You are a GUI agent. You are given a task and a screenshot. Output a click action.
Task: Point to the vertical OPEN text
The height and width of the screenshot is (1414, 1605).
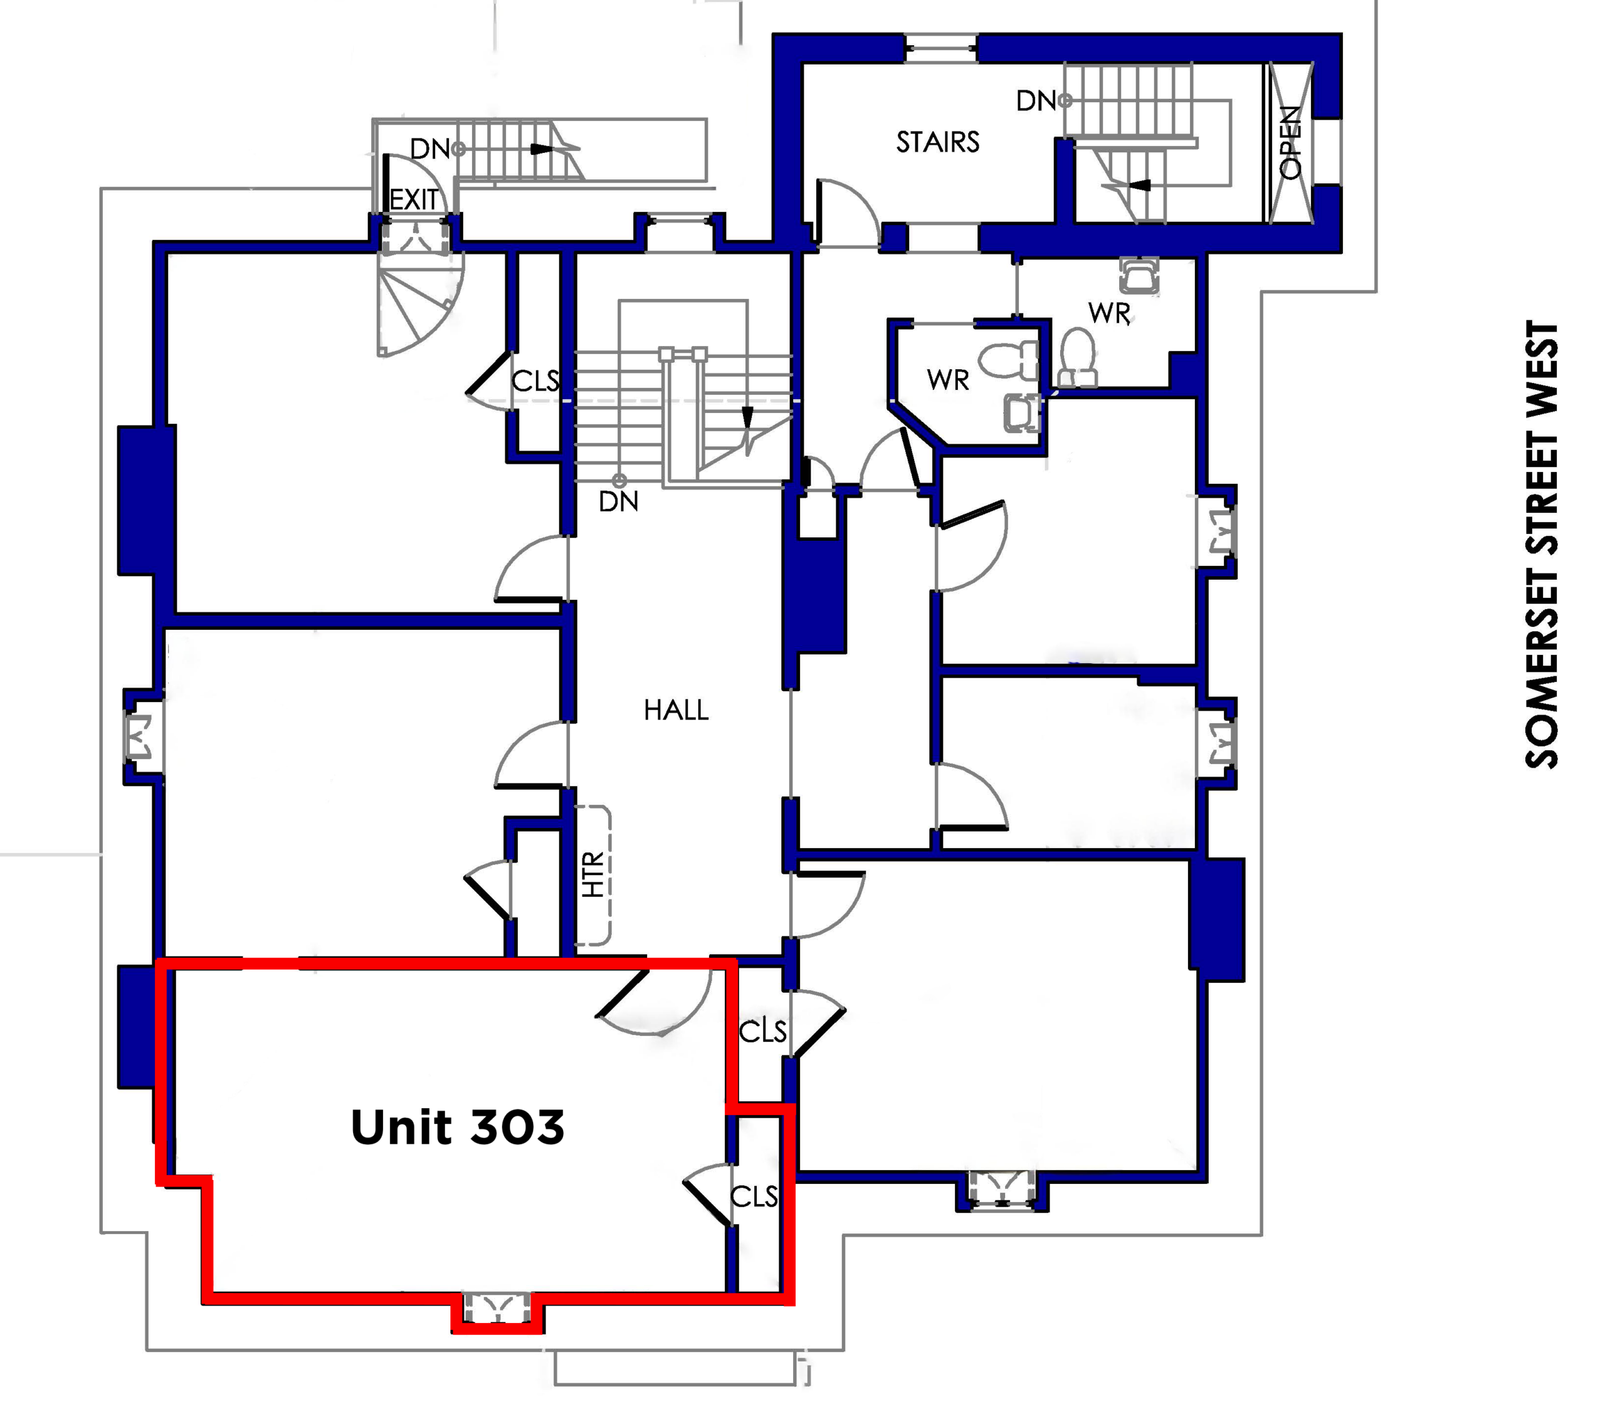[1290, 142]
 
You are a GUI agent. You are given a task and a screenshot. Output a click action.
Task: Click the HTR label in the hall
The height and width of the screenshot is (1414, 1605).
[594, 874]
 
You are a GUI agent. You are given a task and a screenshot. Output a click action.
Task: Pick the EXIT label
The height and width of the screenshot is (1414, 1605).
[414, 199]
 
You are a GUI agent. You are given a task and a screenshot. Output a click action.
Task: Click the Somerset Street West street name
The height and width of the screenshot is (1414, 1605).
[1542, 544]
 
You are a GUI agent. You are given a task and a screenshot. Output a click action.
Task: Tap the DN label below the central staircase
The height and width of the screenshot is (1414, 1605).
[618, 501]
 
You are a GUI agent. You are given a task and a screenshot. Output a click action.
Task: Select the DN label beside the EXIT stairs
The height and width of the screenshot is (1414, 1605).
[429, 149]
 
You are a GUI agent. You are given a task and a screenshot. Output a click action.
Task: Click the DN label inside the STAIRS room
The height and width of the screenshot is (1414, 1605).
[1036, 100]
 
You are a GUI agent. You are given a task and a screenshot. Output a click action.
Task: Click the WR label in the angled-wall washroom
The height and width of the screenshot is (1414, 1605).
[948, 380]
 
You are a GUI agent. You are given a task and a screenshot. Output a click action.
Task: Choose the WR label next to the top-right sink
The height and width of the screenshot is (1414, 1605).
[1110, 313]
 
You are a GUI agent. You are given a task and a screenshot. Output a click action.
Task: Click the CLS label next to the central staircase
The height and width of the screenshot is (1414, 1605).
[535, 381]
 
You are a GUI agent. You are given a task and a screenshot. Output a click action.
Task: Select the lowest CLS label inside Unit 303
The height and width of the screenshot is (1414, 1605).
[754, 1197]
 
